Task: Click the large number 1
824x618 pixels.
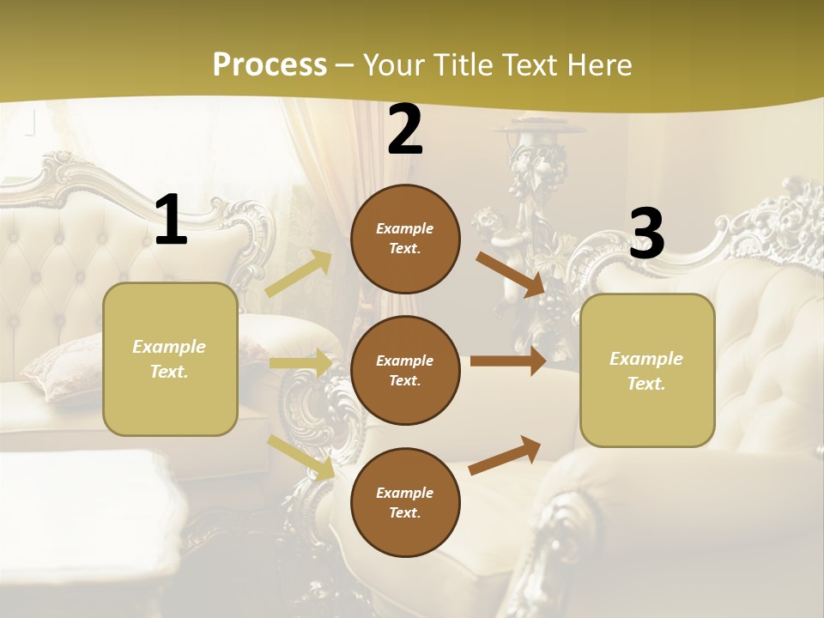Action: coord(171,220)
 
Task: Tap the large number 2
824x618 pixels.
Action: coord(405,130)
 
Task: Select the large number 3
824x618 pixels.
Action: coord(647,233)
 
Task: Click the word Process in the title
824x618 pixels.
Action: coord(270,64)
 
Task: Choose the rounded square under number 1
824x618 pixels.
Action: coord(170,359)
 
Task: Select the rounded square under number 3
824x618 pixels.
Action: coord(647,371)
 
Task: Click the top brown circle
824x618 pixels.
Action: coord(405,239)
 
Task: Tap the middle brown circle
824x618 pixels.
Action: coord(405,370)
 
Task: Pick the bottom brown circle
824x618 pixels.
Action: coord(405,502)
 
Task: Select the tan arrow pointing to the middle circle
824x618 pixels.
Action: coord(301,362)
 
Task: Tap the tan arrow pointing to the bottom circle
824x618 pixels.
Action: coord(301,457)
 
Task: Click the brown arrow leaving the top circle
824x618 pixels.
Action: coord(510,274)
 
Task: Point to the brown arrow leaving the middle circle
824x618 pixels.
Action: coord(508,361)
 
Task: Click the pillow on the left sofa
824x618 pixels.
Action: coord(60,365)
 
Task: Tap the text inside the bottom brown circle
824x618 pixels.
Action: coord(404,502)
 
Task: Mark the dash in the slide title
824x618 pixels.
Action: coord(345,65)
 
